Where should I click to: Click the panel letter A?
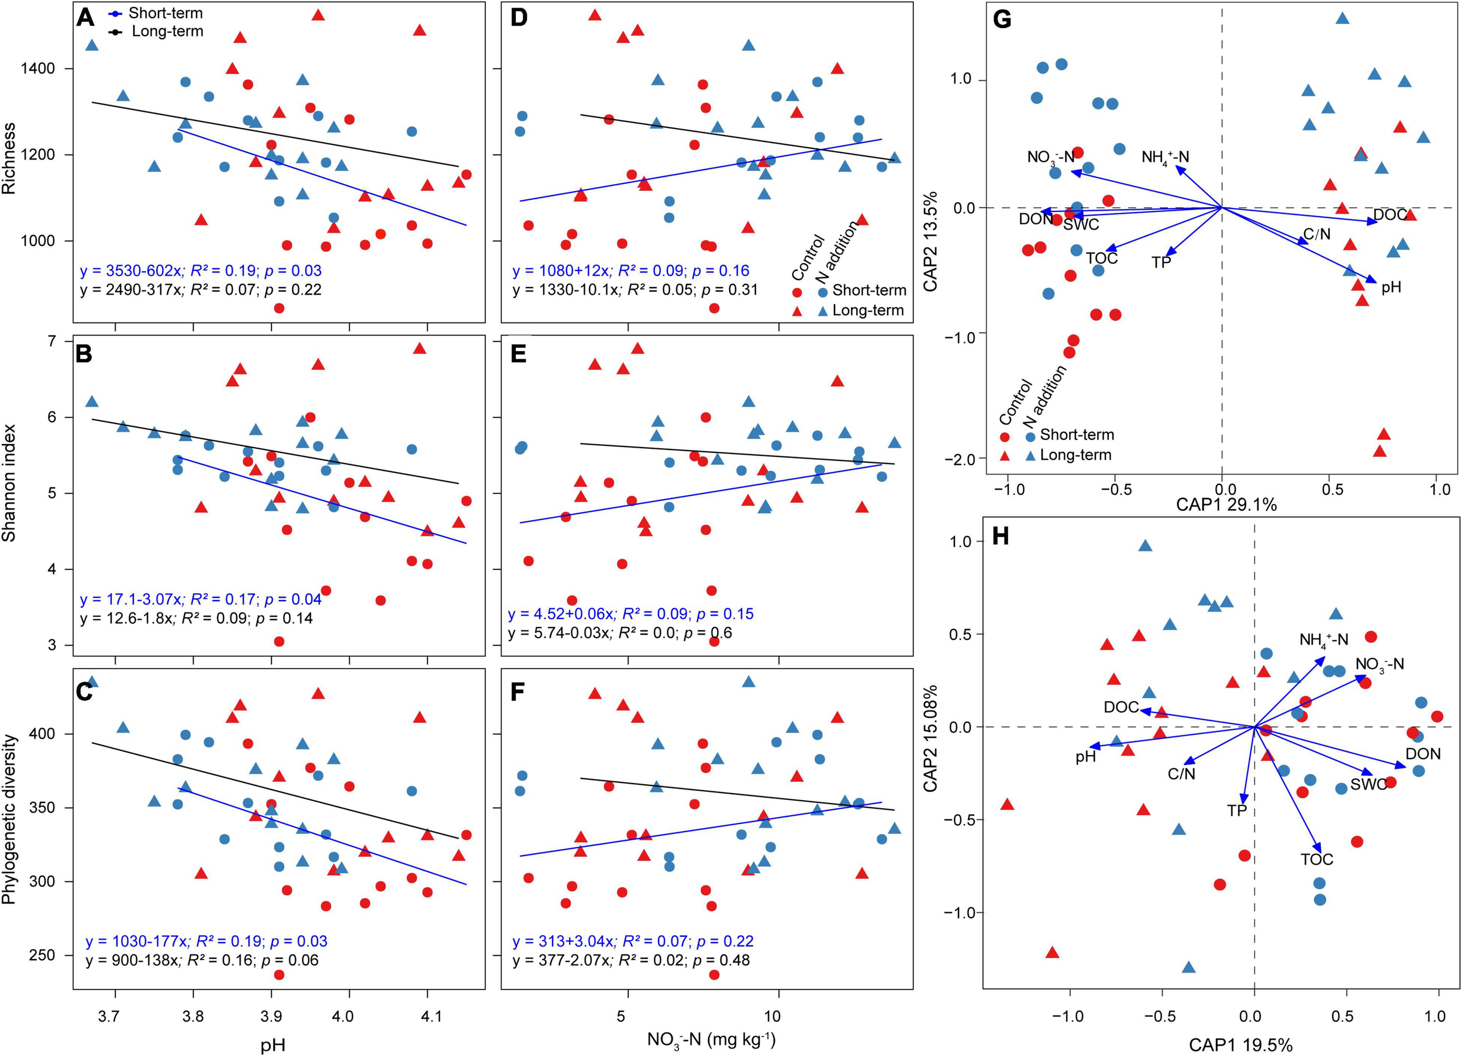(x=85, y=18)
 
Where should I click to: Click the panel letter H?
(x=1001, y=536)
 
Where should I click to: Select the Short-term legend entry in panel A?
(x=165, y=13)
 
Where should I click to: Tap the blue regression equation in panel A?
(x=201, y=271)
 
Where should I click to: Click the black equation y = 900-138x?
(x=202, y=960)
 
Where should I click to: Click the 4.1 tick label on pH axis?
(x=431, y=1017)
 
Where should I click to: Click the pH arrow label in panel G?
(x=1391, y=288)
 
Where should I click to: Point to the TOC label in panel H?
(x=1316, y=859)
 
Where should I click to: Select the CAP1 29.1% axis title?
(x=1226, y=504)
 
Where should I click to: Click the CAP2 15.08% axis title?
(x=930, y=738)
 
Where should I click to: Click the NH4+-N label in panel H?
(x=1323, y=640)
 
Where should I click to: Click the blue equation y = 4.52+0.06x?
(x=630, y=614)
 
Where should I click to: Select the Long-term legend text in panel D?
(x=868, y=310)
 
